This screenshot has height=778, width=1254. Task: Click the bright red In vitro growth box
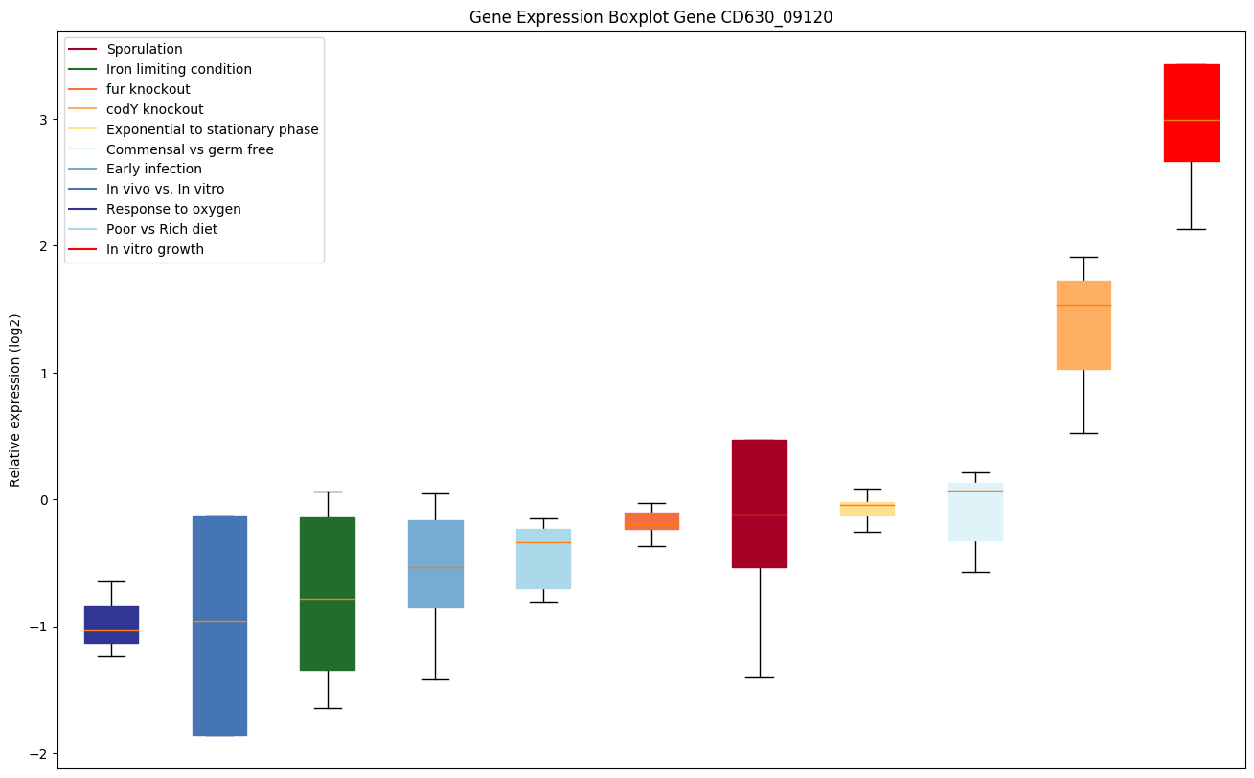(1191, 113)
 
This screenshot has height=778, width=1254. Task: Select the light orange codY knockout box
(1083, 325)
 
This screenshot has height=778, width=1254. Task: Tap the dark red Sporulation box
(759, 503)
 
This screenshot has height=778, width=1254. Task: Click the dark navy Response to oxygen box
(111, 624)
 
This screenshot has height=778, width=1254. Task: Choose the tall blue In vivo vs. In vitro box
(219, 626)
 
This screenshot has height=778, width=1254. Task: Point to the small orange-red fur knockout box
(651, 520)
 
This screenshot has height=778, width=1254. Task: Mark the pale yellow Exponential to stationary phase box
(867, 509)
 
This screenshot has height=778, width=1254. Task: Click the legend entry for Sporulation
(144, 49)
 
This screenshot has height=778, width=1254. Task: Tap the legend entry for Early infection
(153, 170)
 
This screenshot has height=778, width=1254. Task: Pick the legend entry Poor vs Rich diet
(161, 229)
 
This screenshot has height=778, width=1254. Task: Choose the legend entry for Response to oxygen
(173, 209)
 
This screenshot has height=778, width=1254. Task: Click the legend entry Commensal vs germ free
(190, 149)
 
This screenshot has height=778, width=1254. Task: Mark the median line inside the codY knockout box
(1083, 305)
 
